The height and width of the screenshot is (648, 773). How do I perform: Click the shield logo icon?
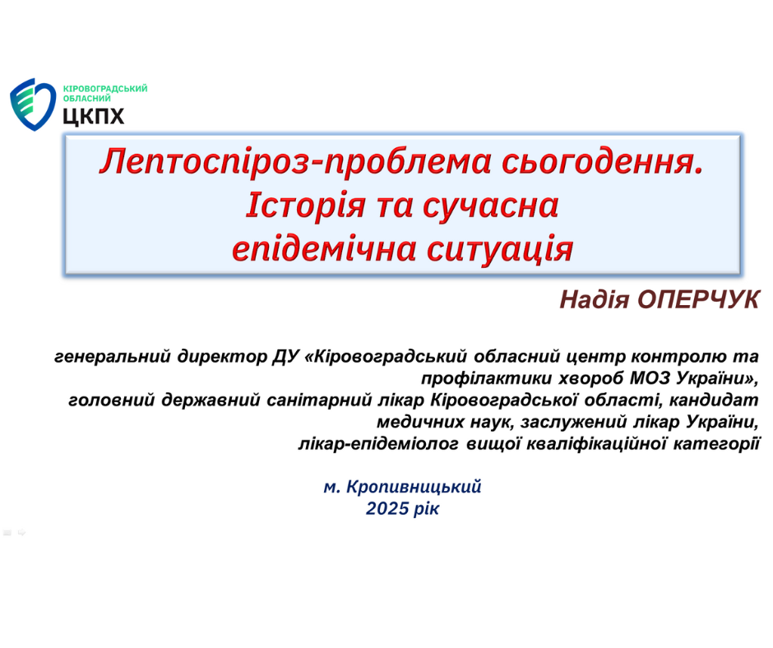(33, 104)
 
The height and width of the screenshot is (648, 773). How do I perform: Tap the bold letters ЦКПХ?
(94, 117)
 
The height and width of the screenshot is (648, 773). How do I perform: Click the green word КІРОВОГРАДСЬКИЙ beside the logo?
(105, 89)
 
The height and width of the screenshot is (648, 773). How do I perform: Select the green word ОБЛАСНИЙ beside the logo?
(87, 98)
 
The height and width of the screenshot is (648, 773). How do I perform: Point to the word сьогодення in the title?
(603, 162)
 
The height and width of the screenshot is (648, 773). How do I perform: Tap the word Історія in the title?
(306, 205)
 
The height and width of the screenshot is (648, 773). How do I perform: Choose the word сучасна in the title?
(490, 206)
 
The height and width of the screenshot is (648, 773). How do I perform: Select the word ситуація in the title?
(500, 249)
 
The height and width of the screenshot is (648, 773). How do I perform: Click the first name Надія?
(595, 299)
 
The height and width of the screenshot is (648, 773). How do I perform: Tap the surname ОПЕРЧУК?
(698, 299)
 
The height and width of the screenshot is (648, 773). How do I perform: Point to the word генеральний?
(113, 356)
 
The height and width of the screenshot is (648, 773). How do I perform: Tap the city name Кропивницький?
(414, 487)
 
